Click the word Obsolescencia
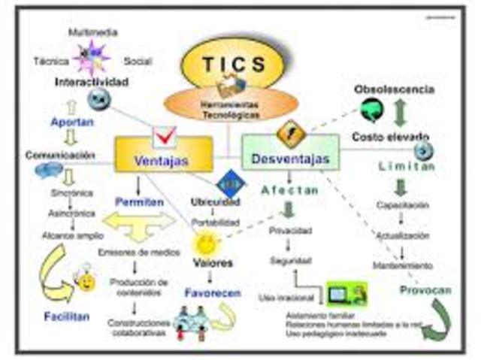(x=394, y=89)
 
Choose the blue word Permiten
(x=139, y=201)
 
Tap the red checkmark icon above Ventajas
(x=165, y=136)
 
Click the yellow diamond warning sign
(x=289, y=133)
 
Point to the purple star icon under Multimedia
(x=92, y=56)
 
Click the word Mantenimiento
(x=403, y=265)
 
